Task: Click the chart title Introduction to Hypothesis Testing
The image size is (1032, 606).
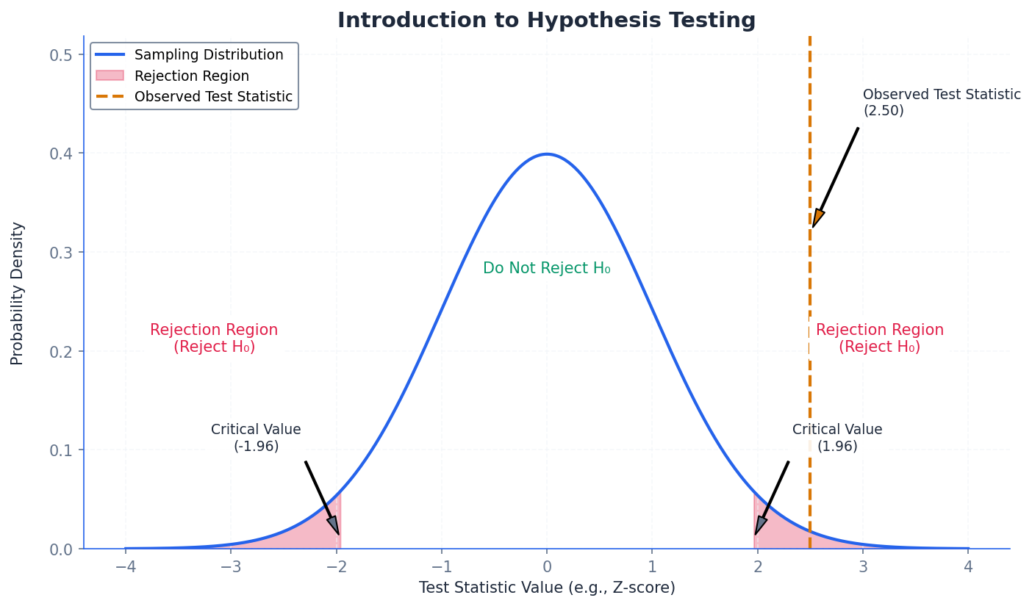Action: point(546,21)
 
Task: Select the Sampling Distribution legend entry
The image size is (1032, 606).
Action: point(208,55)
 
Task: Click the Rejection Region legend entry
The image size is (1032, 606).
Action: point(191,76)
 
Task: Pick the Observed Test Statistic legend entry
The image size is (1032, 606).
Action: point(213,97)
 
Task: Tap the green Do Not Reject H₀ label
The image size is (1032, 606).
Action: point(546,269)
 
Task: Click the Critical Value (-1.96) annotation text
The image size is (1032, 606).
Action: point(256,438)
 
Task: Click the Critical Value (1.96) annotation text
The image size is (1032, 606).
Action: point(837,438)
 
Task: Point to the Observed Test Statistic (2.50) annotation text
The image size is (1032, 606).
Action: point(941,103)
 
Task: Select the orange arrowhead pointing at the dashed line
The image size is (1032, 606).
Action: point(817,218)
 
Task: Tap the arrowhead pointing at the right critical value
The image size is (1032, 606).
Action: point(760,525)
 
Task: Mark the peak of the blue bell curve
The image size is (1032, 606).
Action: point(546,154)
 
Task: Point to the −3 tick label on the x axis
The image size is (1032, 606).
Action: point(230,567)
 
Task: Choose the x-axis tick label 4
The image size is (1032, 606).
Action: point(968,567)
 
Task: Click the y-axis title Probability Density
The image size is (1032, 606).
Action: point(18,293)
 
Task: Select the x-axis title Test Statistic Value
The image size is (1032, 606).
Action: point(546,588)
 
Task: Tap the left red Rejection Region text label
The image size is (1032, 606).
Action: point(214,339)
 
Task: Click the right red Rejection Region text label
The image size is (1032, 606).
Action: point(879,339)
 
